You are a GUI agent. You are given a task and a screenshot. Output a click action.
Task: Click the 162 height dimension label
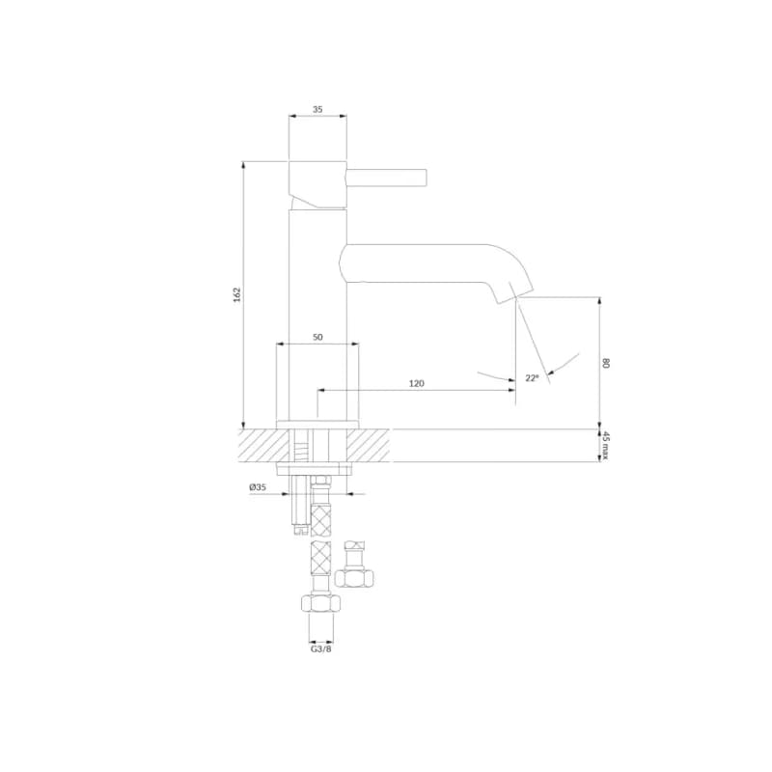coord(237,294)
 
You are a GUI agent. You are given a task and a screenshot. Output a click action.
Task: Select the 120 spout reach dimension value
coord(417,383)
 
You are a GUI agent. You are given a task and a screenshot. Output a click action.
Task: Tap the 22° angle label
coord(532,378)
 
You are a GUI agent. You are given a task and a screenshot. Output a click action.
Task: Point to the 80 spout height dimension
coord(606,364)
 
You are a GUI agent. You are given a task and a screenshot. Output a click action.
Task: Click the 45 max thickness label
coord(606,446)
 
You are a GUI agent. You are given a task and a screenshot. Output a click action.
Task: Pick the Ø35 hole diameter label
coord(258,487)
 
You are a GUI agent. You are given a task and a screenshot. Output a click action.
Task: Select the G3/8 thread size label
coord(321,648)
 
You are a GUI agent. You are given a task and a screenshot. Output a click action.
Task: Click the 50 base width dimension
coord(317,337)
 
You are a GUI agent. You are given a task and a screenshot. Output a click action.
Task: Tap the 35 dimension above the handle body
coord(317,109)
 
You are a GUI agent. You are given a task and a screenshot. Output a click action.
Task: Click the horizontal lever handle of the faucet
coord(387,178)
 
